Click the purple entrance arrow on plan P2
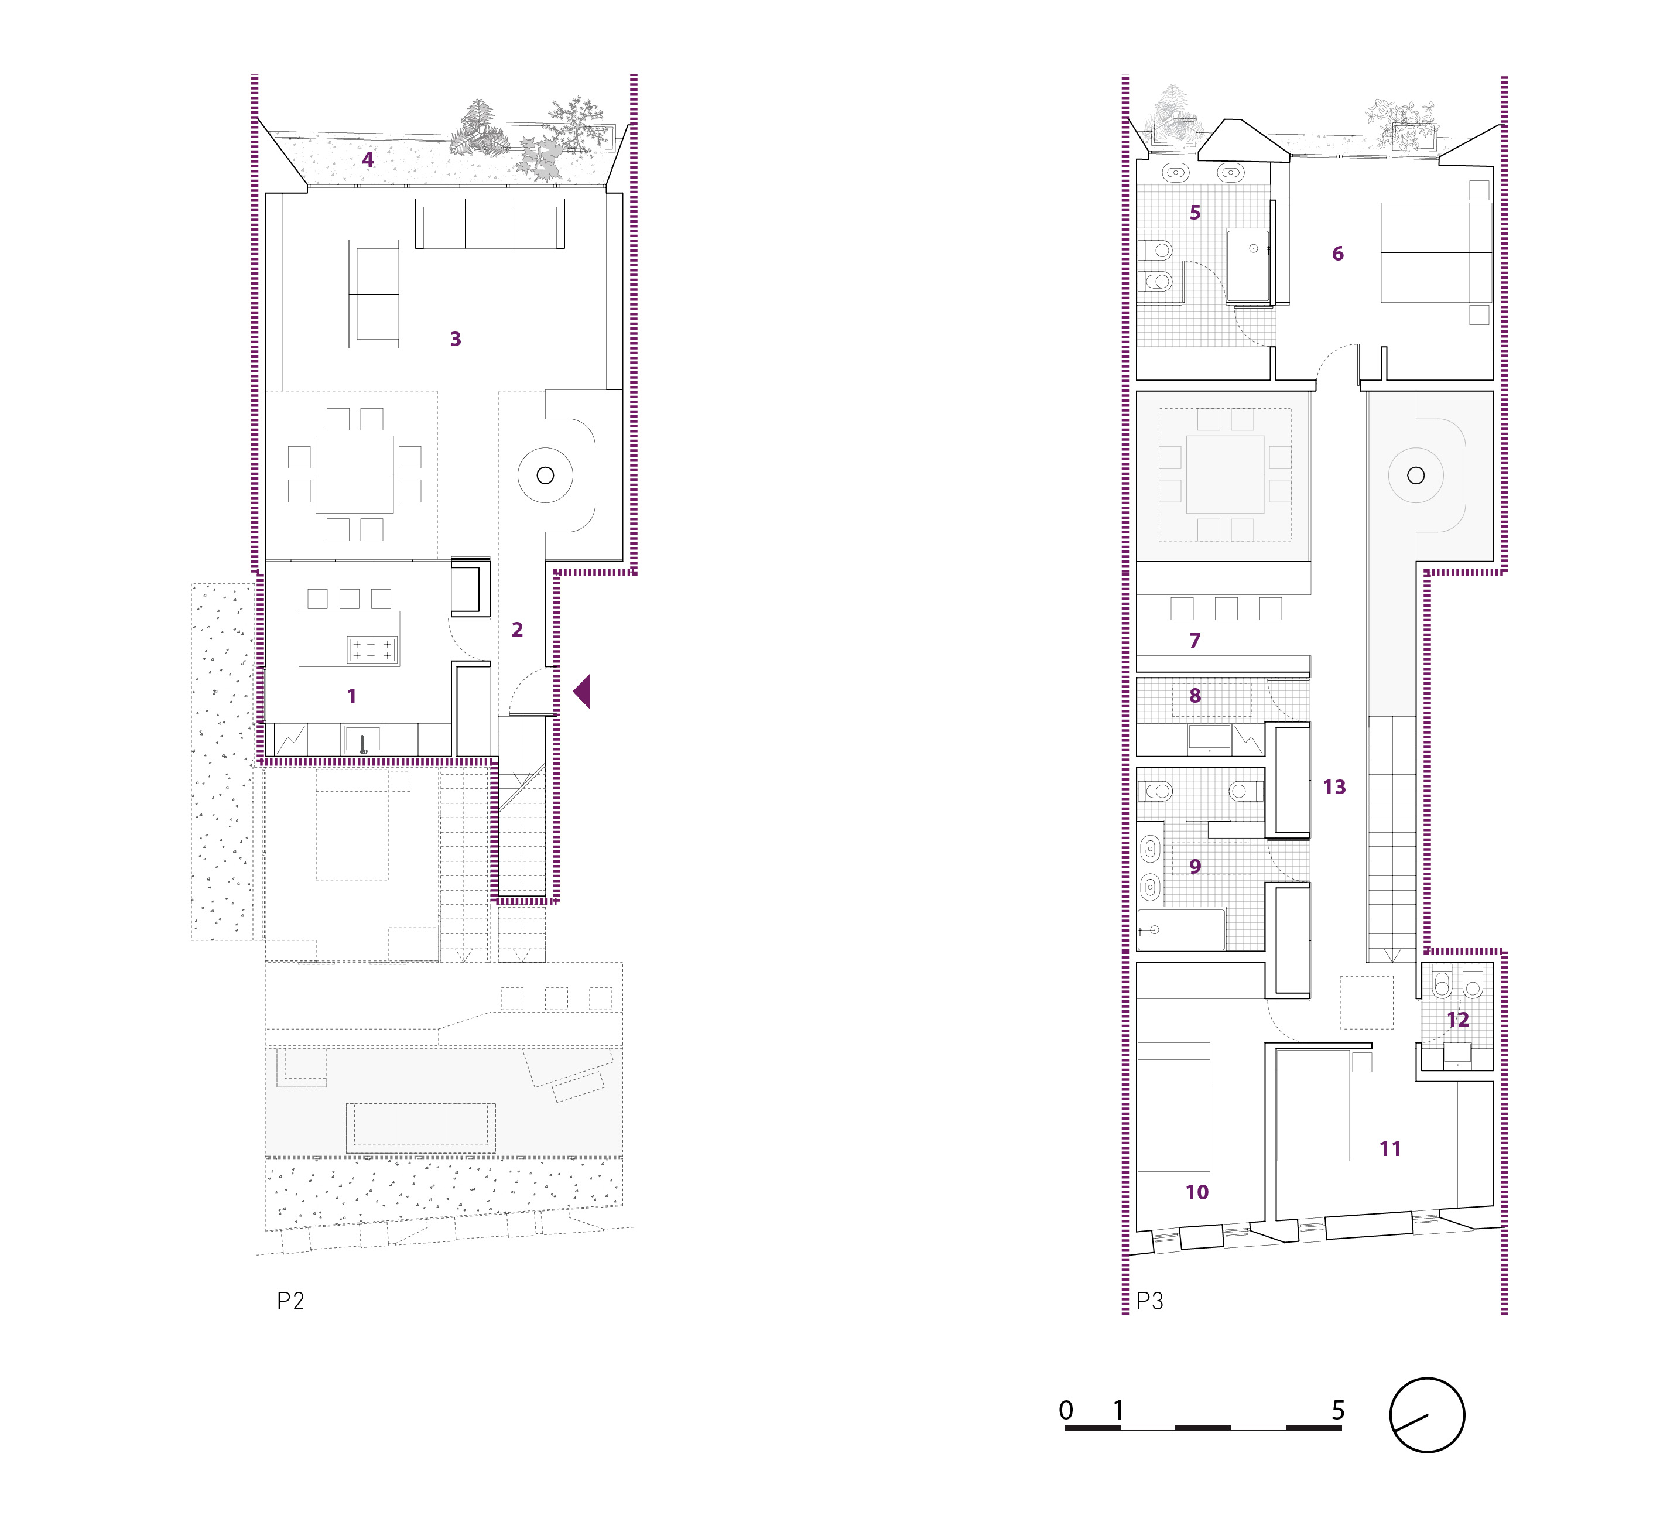pos(582,691)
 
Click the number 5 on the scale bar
pos(1338,1410)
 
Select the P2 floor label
pos(290,1301)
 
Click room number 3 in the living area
pos(456,338)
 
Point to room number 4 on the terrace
pos(368,160)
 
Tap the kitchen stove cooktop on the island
pos(372,650)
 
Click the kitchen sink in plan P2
pos(362,740)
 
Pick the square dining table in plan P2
pos(354,474)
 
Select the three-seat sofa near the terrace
pos(490,223)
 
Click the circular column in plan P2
pos(545,475)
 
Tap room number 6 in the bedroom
pos(1337,254)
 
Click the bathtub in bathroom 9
pos(1181,929)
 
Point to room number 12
pos(1457,1020)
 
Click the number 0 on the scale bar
pos(1066,1410)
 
